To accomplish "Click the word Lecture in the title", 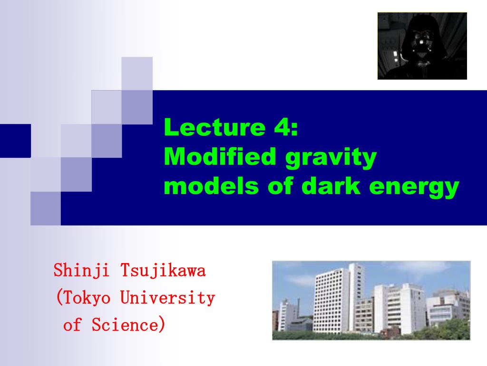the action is coord(214,127).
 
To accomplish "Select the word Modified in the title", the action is coord(220,156).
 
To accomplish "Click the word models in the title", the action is coord(211,186).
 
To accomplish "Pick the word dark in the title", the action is coord(331,186).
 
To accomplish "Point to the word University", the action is coord(167,297).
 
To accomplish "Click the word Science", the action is coord(125,325).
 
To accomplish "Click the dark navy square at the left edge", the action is coord(15,141).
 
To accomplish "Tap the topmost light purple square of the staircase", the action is coord(137,73).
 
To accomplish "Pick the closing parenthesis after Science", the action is coord(162,324).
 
